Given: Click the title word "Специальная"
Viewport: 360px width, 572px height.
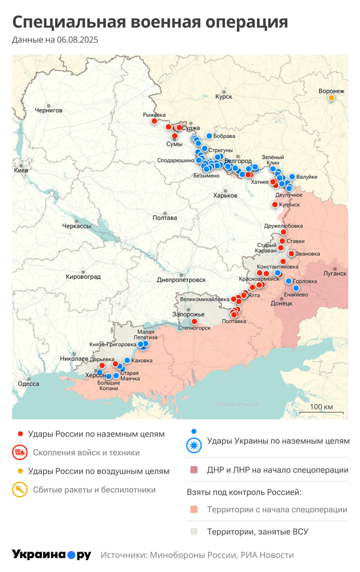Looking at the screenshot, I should pyautogui.click(x=70, y=22).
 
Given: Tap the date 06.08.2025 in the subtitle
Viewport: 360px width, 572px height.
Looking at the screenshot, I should pyautogui.click(x=77, y=40).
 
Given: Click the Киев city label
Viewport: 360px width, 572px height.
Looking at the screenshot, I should pyautogui.click(x=21, y=170).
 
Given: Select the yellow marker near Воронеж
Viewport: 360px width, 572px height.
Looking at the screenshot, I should pyautogui.click(x=331, y=98).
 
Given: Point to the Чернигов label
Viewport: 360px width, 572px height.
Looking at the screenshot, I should pyautogui.click(x=49, y=110).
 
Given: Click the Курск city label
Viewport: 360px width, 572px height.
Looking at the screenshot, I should pyautogui.click(x=223, y=96).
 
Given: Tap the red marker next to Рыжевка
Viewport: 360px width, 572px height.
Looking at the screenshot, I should pyautogui.click(x=154, y=121).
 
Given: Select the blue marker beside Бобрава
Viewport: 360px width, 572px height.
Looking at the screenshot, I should pyautogui.click(x=209, y=136).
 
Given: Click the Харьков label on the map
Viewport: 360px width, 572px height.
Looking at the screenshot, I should pyautogui.click(x=226, y=195).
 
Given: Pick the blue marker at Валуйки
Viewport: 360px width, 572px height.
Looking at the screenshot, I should pyautogui.click(x=292, y=177).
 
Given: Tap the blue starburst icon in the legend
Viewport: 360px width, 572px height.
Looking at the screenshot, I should pyautogui.click(x=194, y=445).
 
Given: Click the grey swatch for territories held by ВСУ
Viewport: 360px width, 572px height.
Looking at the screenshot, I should pyautogui.click(x=194, y=531).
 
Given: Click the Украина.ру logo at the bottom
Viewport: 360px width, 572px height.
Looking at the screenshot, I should pyautogui.click(x=52, y=555).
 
